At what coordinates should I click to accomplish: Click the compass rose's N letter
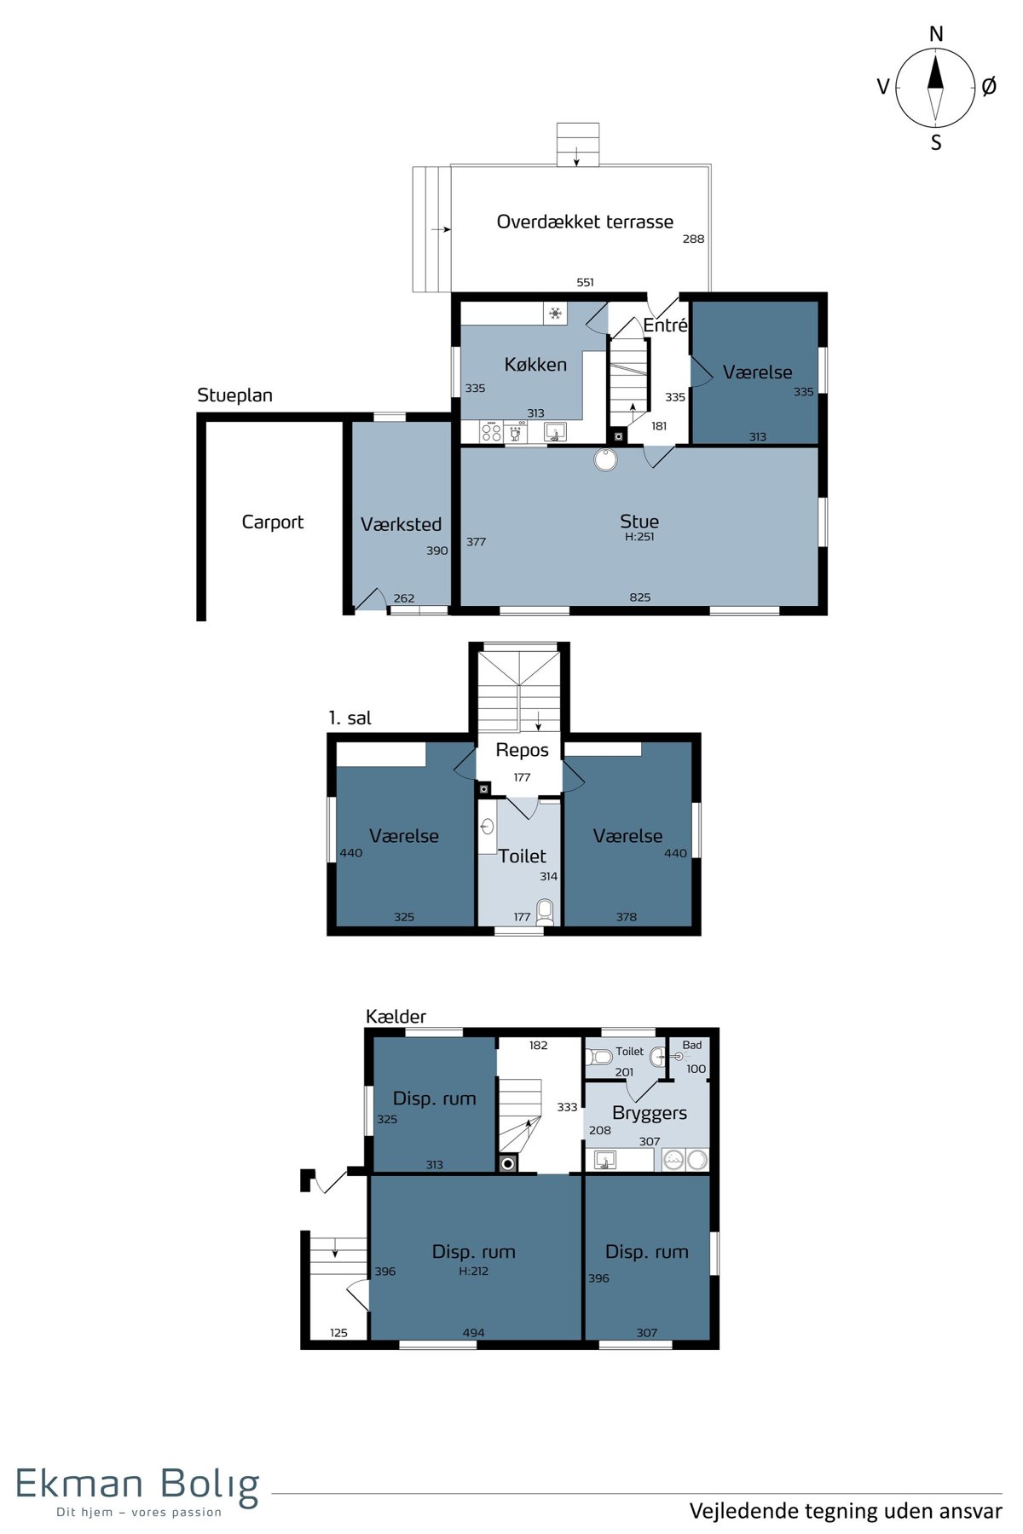pos(936,34)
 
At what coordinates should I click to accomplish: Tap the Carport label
pos(273,522)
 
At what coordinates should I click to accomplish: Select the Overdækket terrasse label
pos(585,222)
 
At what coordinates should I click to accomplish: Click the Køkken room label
pos(535,365)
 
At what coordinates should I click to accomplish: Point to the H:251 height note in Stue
pos(639,537)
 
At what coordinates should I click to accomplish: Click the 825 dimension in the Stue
pos(640,597)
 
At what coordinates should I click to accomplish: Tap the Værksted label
pos(401,524)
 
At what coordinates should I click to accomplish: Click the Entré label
pos(665,326)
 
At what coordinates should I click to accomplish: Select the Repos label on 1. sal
pos(522,750)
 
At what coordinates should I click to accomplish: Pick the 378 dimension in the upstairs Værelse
pos(627,917)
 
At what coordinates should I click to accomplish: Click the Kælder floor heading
pos(396,1016)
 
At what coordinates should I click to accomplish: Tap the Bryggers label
pos(650,1113)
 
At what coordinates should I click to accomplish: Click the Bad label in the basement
pos(692,1045)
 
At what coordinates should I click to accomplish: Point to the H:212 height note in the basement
pos(473,1271)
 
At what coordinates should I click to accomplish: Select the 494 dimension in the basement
pos(473,1333)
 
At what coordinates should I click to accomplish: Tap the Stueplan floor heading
pos(234,395)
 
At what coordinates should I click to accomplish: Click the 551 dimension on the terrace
pos(585,282)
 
